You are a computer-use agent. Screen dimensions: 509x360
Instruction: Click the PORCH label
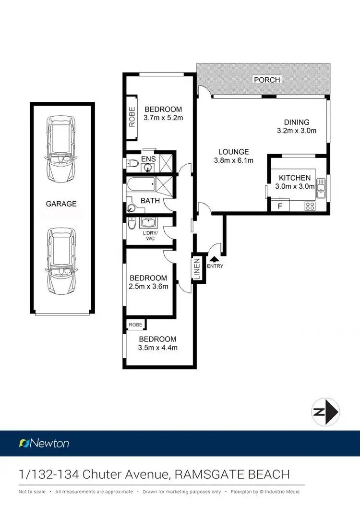click(x=267, y=80)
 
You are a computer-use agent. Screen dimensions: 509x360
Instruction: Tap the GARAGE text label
click(x=61, y=204)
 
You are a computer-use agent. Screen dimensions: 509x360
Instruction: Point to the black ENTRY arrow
click(x=213, y=259)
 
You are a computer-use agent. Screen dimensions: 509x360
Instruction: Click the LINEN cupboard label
click(x=196, y=268)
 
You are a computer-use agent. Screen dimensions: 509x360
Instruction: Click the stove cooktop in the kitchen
click(x=310, y=206)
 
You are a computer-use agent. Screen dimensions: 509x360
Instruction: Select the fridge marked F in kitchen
click(x=280, y=206)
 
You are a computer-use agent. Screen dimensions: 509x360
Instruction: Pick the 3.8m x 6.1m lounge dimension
click(x=233, y=160)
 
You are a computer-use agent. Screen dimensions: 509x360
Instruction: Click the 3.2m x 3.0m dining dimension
click(x=296, y=131)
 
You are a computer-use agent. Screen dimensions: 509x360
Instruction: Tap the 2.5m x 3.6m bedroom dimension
click(x=148, y=287)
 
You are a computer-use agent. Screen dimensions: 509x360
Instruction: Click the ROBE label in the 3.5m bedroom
click(x=135, y=325)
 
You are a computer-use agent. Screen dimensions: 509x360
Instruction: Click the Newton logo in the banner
click(x=44, y=443)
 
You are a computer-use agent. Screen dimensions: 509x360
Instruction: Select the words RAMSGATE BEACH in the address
click(x=232, y=475)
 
